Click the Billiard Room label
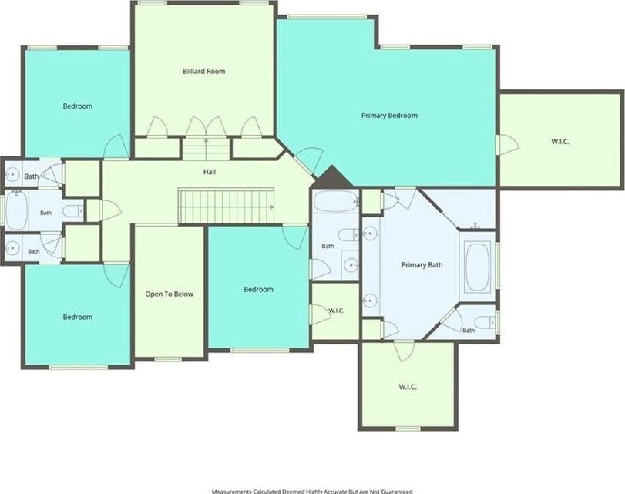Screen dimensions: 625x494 click(204, 72)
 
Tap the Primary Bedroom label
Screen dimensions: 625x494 click(389, 116)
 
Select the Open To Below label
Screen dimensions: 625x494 click(169, 294)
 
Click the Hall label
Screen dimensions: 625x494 click(210, 172)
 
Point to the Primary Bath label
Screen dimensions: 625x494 click(422, 265)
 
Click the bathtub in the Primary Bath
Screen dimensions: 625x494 click(477, 267)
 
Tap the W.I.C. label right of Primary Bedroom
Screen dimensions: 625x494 click(560, 142)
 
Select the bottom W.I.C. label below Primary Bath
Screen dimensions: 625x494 click(408, 387)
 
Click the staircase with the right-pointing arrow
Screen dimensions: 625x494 click(227, 206)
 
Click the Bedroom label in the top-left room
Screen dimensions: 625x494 click(78, 106)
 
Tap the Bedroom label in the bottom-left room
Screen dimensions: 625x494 click(78, 317)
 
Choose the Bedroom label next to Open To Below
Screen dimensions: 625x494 click(258, 290)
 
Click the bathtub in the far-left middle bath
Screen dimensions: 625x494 click(16, 210)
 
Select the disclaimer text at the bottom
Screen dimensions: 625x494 click(312, 491)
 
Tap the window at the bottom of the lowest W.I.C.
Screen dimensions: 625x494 click(408, 428)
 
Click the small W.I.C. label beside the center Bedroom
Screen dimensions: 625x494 click(336, 311)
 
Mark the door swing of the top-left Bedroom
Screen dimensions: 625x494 click(116, 146)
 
